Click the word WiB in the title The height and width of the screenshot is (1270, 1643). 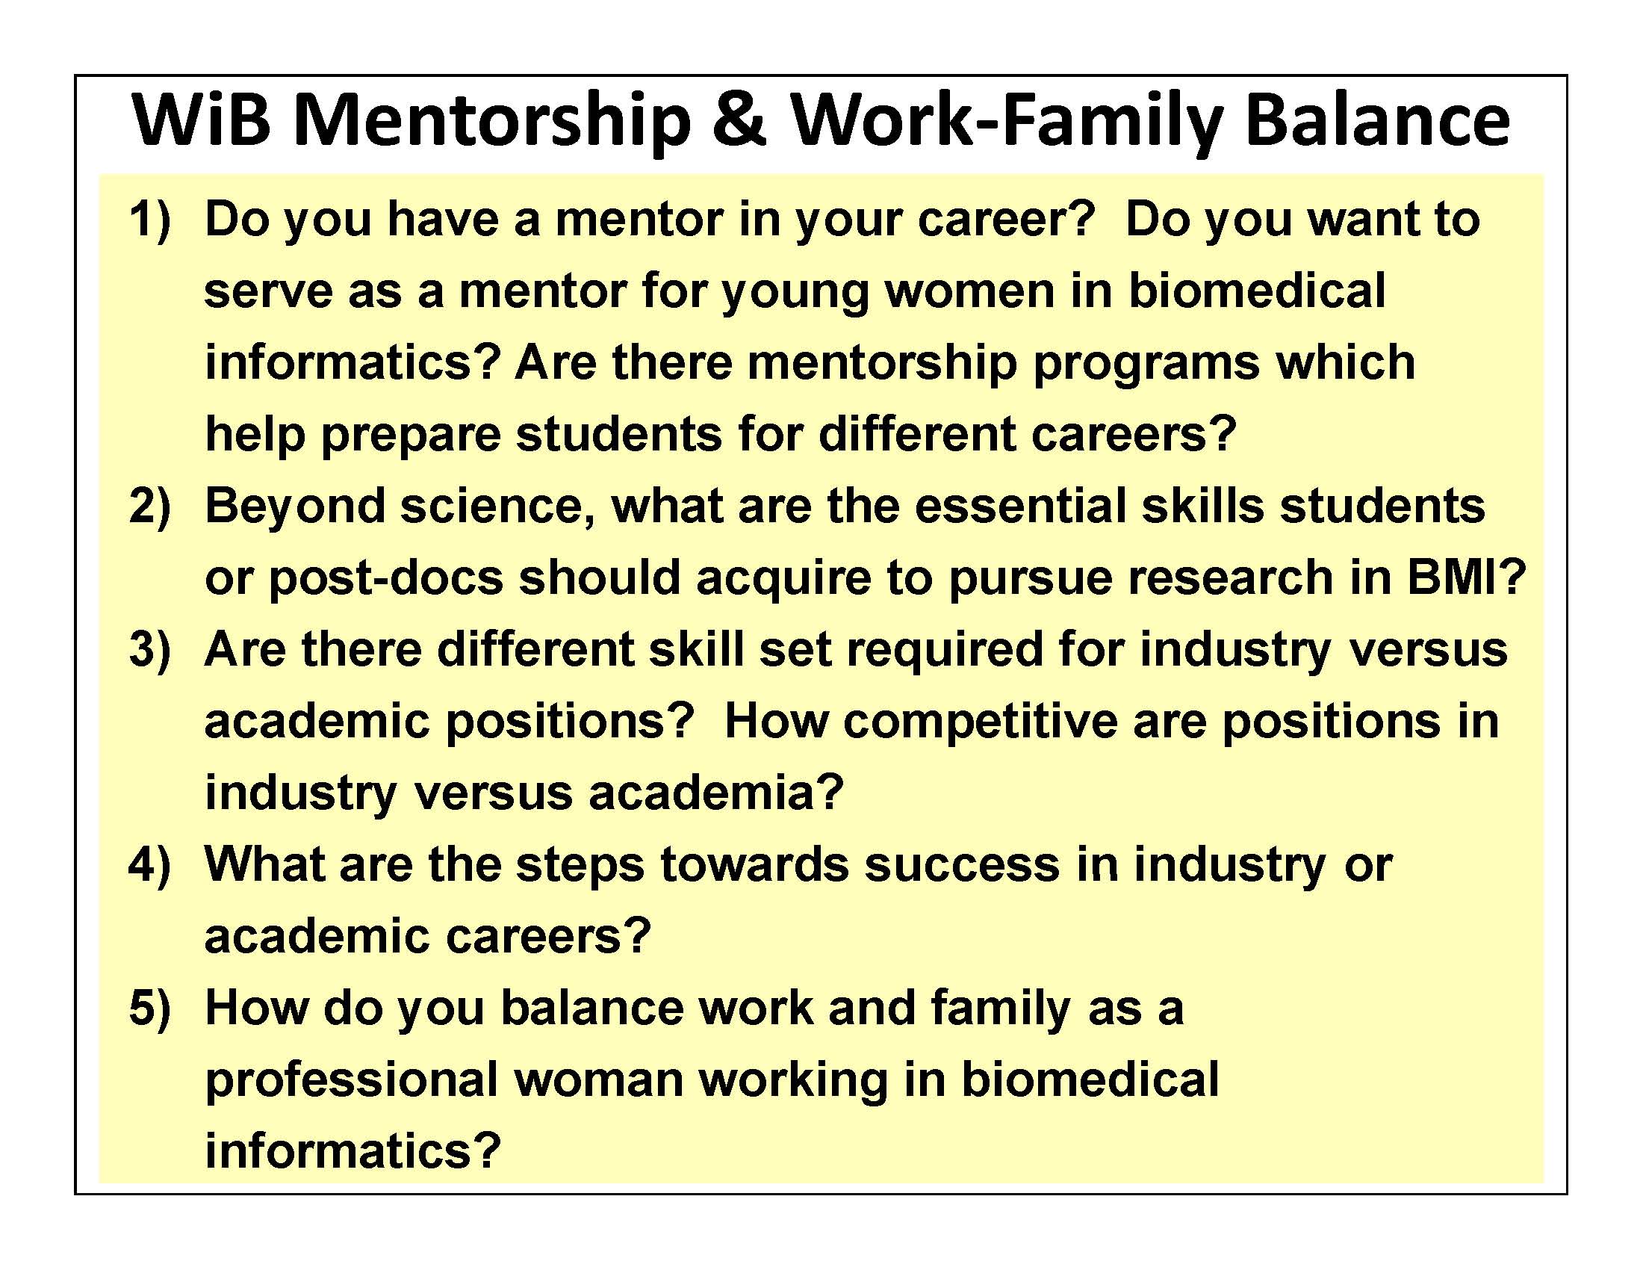click(x=201, y=120)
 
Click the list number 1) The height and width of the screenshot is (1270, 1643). click(x=150, y=220)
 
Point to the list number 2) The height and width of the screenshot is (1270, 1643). click(x=150, y=507)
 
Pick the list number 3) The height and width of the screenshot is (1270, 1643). click(x=150, y=650)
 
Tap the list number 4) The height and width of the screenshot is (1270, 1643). click(x=150, y=865)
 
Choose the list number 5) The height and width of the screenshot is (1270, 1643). click(x=150, y=1009)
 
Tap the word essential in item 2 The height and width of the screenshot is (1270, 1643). click(x=1020, y=507)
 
